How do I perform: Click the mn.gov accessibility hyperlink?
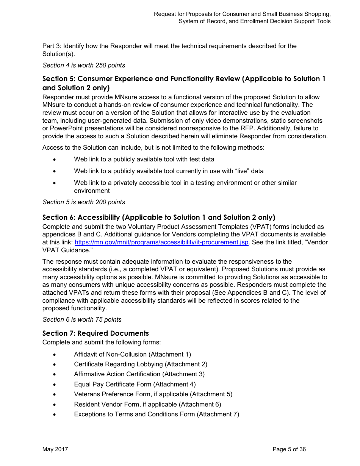point(162,242)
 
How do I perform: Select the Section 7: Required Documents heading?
point(95,333)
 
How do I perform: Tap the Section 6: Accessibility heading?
point(158,217)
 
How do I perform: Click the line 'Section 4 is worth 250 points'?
point(84,66)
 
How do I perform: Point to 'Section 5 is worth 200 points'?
point(84,202)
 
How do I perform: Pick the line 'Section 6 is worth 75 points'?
point(82,320)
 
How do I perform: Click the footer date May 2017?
point(55,449)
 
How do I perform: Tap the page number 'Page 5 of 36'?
point(289,449)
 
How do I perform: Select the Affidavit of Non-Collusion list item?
point(132,355)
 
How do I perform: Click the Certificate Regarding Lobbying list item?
point(141,364)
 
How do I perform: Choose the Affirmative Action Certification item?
point(139,374)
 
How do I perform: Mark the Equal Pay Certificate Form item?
point(135,384)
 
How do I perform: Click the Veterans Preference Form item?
point(153,394)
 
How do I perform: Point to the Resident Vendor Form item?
point(147,404)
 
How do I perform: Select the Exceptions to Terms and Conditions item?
point(157,414)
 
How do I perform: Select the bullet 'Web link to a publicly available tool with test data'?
point(144,160)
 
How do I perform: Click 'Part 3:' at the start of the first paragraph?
point(52,46)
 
